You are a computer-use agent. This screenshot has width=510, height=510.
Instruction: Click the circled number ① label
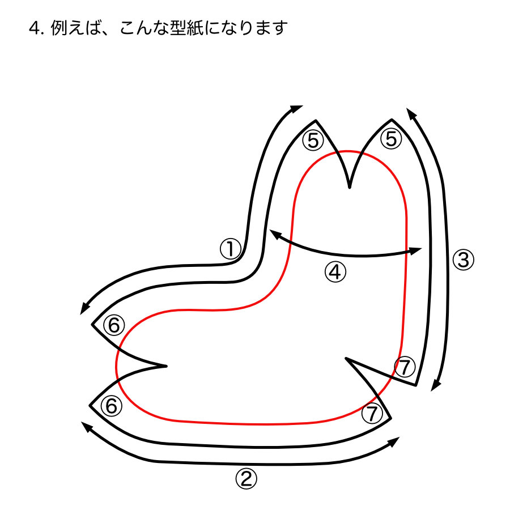[x=231, y=248]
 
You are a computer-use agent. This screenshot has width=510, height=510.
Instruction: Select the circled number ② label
[x=245, y=479]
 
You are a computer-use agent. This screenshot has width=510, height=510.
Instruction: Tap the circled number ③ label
[x=462, y=260]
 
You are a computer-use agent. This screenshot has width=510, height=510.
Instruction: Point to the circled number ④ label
[x=335, y=273]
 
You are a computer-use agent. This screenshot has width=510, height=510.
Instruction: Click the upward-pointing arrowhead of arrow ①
[x=297, y=108]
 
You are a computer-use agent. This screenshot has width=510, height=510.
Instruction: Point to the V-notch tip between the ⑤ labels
[x=349, y=188]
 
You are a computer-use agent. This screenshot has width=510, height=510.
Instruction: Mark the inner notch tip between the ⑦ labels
[x=346, y=359]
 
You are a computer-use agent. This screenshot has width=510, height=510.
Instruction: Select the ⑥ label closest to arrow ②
[x=111, y=406]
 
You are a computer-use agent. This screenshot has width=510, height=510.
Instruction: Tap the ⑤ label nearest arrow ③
[x=390, y=139]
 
